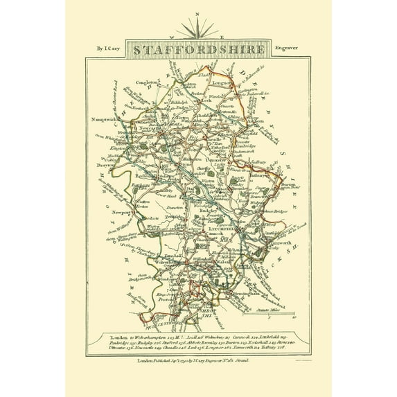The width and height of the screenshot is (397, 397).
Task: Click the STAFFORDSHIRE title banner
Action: tap(197, 51)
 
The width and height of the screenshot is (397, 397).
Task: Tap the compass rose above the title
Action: tap(198, 28)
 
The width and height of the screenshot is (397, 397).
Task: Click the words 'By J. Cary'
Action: tap(103, 49)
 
